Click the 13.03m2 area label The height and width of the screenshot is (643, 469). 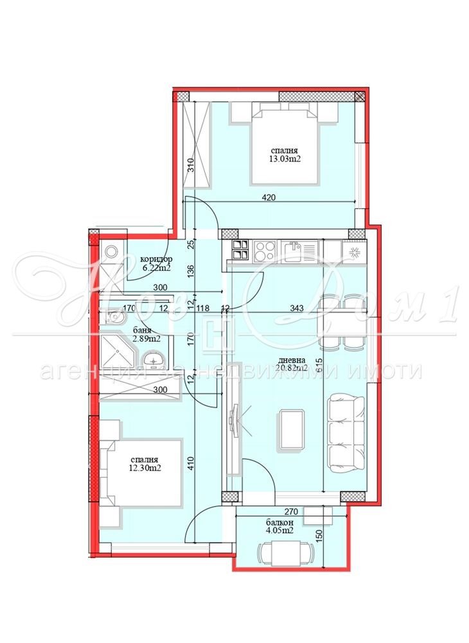tap(285, 163)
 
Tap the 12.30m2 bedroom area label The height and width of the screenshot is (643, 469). tap(145, 468)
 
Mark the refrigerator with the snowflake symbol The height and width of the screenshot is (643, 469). tap(354, 249)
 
